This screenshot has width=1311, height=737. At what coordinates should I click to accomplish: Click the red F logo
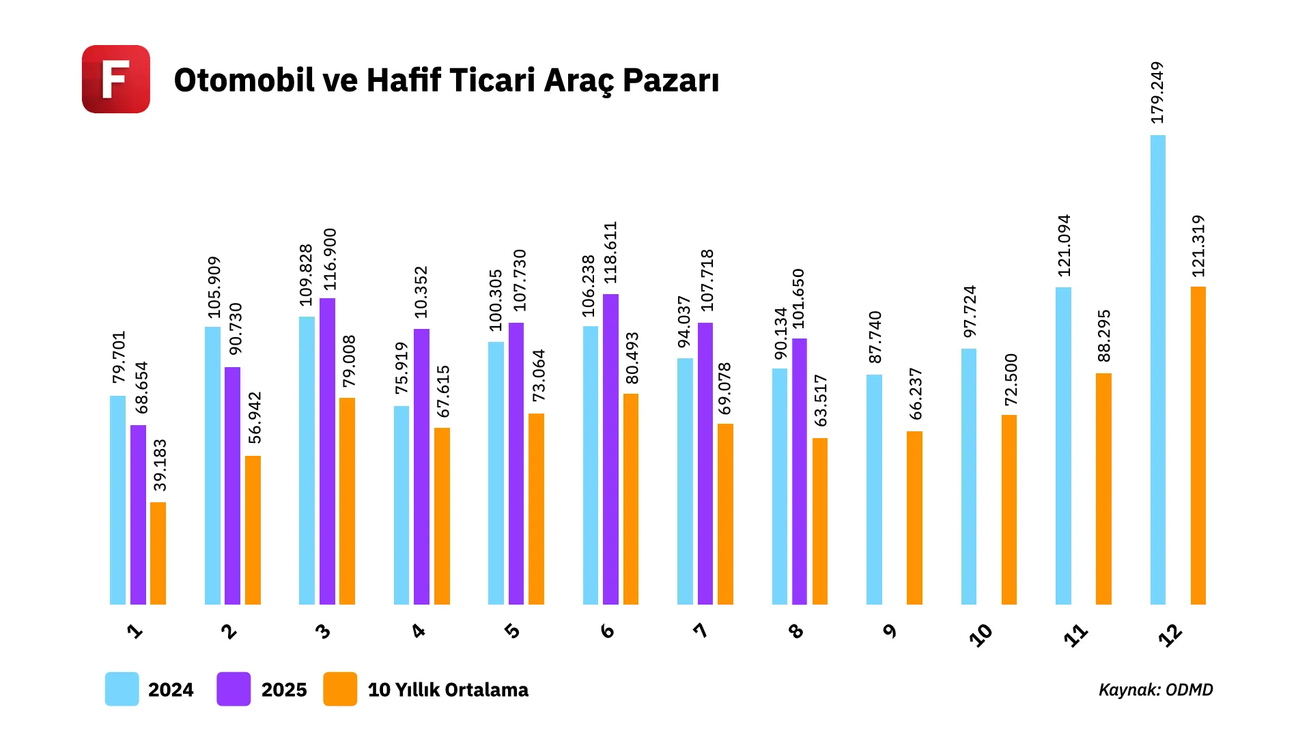116,79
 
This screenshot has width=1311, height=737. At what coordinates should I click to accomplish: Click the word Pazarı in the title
671,81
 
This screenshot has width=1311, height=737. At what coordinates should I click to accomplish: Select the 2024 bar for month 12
1158,369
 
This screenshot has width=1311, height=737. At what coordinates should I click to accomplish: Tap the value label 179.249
1157,93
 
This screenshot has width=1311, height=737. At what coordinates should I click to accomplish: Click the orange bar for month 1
158,553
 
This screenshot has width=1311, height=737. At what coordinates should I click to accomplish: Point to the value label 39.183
160,465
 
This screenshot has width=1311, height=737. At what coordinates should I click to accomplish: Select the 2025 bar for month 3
327,451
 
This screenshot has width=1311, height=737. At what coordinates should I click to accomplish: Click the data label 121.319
1198,246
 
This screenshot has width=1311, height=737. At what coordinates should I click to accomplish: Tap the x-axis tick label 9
890,631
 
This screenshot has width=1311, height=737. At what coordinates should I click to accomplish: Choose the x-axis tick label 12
1170,635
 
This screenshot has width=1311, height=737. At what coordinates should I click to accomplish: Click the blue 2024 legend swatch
122,689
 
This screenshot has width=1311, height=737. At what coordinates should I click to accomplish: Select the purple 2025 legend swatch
234,689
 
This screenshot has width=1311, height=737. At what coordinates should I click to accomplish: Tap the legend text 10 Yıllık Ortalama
448,690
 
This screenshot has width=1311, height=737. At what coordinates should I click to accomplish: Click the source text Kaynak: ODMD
1155,690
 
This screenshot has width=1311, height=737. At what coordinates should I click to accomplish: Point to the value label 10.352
421,292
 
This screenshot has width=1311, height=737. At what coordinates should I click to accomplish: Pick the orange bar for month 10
1009,509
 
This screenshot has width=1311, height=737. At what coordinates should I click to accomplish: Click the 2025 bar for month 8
800,471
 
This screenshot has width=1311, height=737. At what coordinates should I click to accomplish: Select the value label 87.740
875,337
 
